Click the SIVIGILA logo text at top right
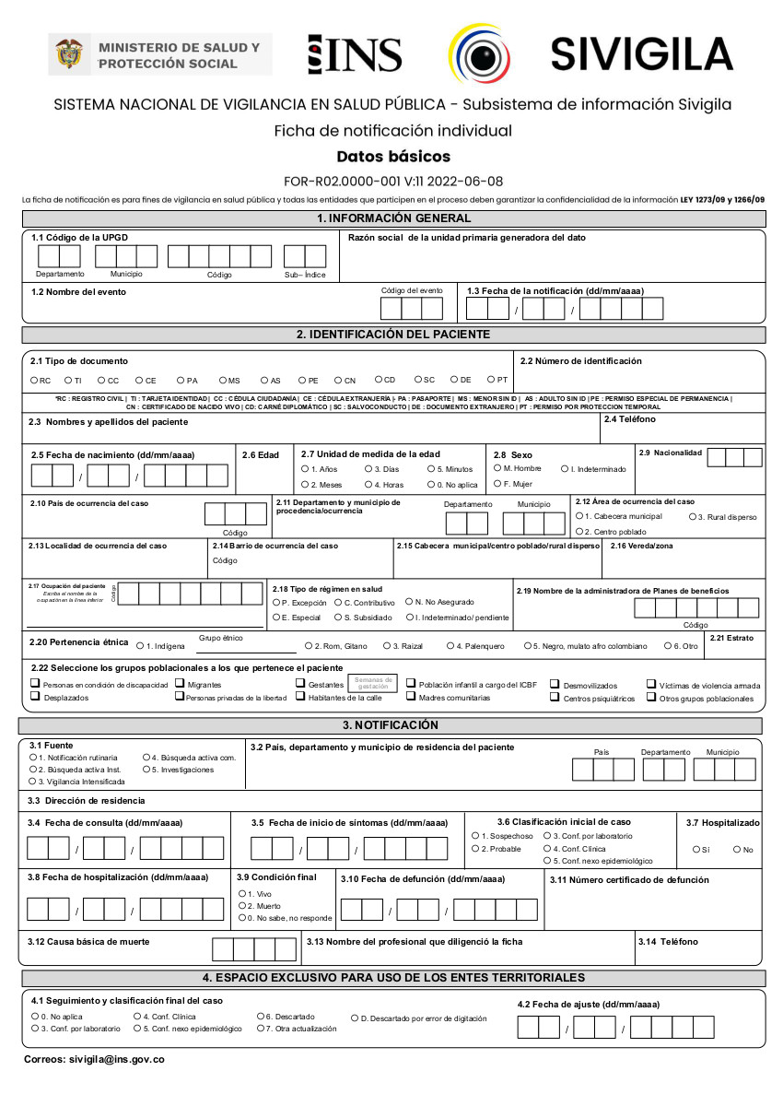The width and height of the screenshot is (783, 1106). click(641, 53)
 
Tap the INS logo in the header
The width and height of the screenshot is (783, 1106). click(355, 54)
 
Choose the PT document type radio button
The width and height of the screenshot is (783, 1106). click(490, 379)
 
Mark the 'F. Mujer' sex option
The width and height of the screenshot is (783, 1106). click(497, 483)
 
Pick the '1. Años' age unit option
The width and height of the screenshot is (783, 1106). click(305, 469)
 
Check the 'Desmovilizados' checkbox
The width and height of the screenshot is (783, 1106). click(555, 685)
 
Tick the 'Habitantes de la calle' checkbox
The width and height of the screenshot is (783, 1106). click(300, 698)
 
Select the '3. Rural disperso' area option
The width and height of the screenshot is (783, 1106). click(692, 516)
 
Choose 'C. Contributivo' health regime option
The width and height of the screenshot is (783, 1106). click(337, 602)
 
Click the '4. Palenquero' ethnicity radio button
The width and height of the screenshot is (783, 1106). click(450, 646)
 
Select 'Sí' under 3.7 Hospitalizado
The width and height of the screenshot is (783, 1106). click(695, 849)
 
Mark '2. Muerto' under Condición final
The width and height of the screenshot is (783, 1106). click(242, 906)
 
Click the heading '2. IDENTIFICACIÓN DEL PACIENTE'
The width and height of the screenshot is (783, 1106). click(393, 335)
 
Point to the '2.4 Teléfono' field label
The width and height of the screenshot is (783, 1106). click(629, 419)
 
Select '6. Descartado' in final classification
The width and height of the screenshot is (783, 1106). click(261, 1017)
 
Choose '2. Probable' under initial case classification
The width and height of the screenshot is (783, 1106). click(475, 848)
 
